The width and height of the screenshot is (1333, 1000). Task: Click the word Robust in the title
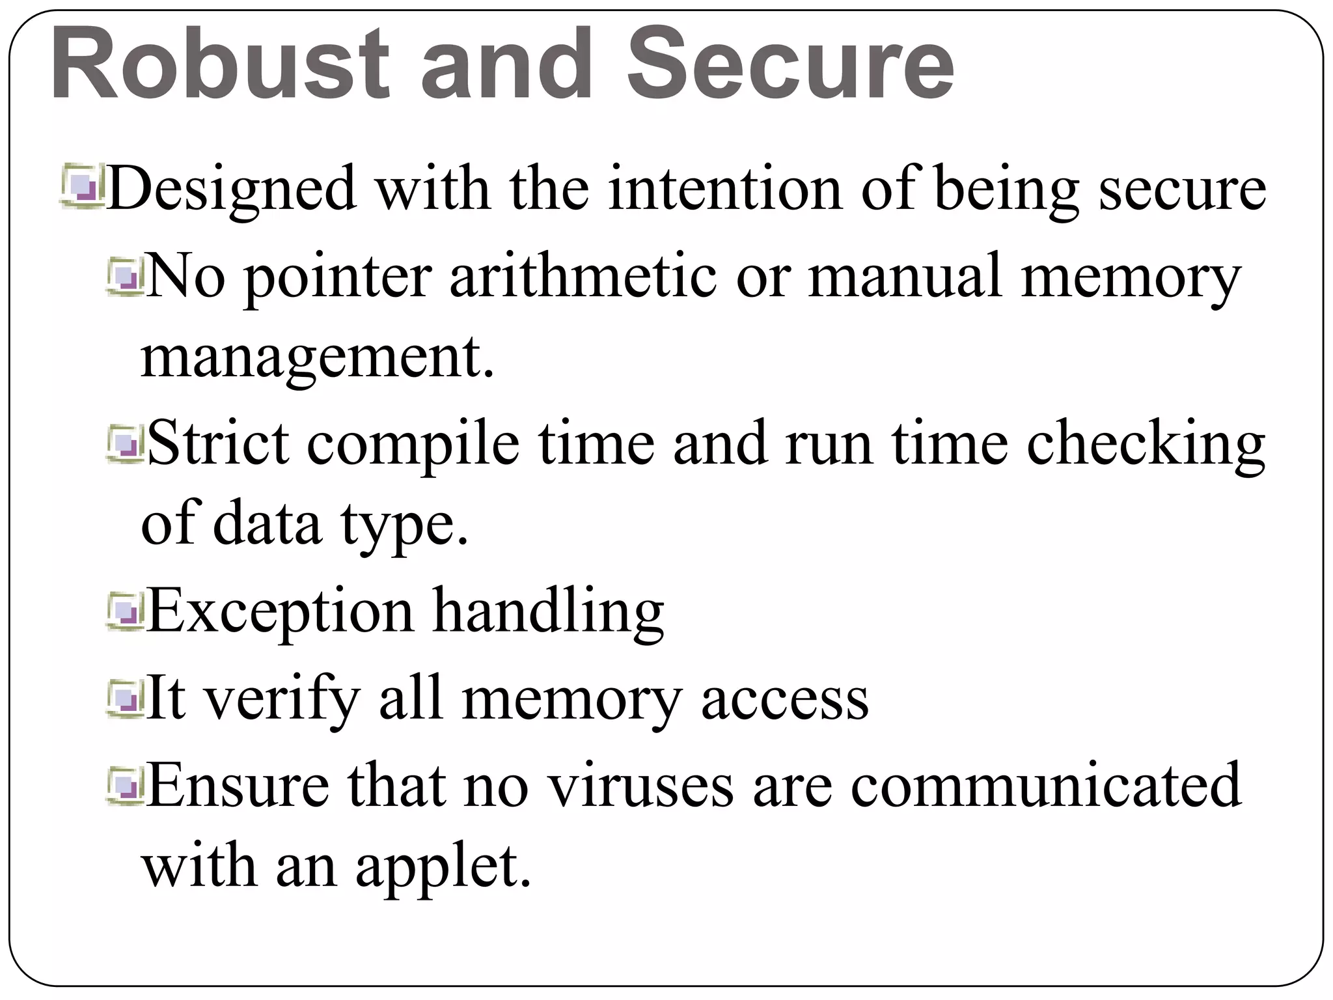219,65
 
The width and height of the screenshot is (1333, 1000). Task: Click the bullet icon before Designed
83,189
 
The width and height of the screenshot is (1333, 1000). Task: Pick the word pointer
337,277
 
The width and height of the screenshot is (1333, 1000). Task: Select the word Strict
219,443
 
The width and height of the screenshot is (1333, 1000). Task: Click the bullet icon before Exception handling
126,612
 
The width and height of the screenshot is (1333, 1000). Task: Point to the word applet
443,868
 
